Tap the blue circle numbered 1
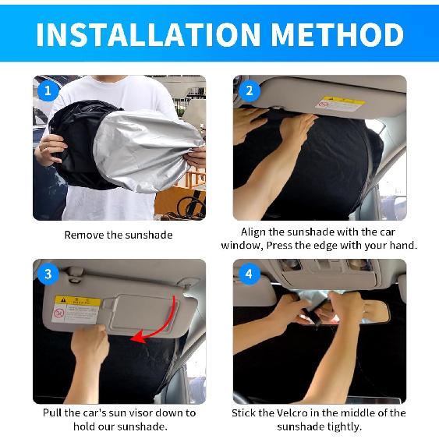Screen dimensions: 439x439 click(48, 90)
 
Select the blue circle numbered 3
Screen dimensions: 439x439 click(48, 274)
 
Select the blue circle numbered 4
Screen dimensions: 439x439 click(248, 274)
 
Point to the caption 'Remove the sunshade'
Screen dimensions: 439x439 click(119, 234)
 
